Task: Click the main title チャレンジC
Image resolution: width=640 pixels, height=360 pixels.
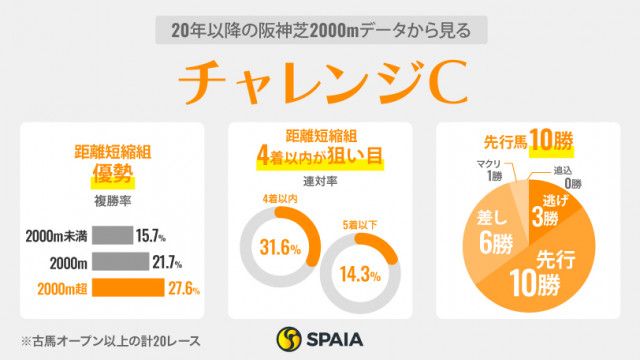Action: [x=320, y=83]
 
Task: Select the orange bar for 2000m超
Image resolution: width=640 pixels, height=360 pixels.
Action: [x=131, y=288]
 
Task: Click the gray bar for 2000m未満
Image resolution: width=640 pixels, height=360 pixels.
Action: [x=116, y=237]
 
